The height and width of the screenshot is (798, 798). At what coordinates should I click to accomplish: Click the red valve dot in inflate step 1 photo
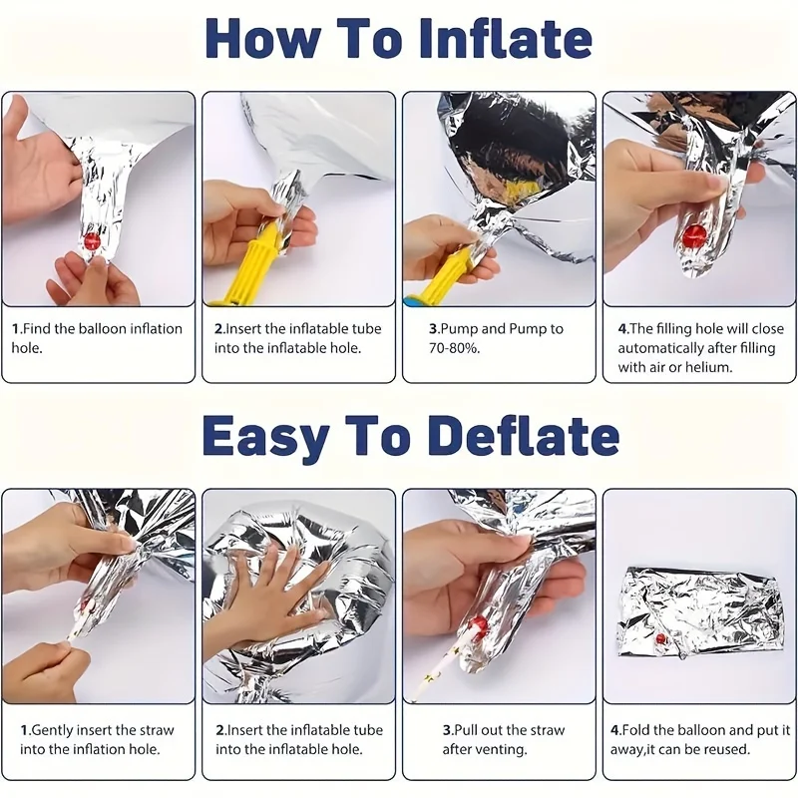coord(93,240)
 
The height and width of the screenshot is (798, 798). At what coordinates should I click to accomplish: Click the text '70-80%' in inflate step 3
coord(454,348)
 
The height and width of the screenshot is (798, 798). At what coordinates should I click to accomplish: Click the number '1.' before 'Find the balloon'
coord(17,329)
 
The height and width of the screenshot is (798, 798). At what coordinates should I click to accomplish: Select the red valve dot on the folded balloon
coord(661,638)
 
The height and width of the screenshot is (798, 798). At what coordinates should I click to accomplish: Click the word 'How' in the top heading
coord(263,39)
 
